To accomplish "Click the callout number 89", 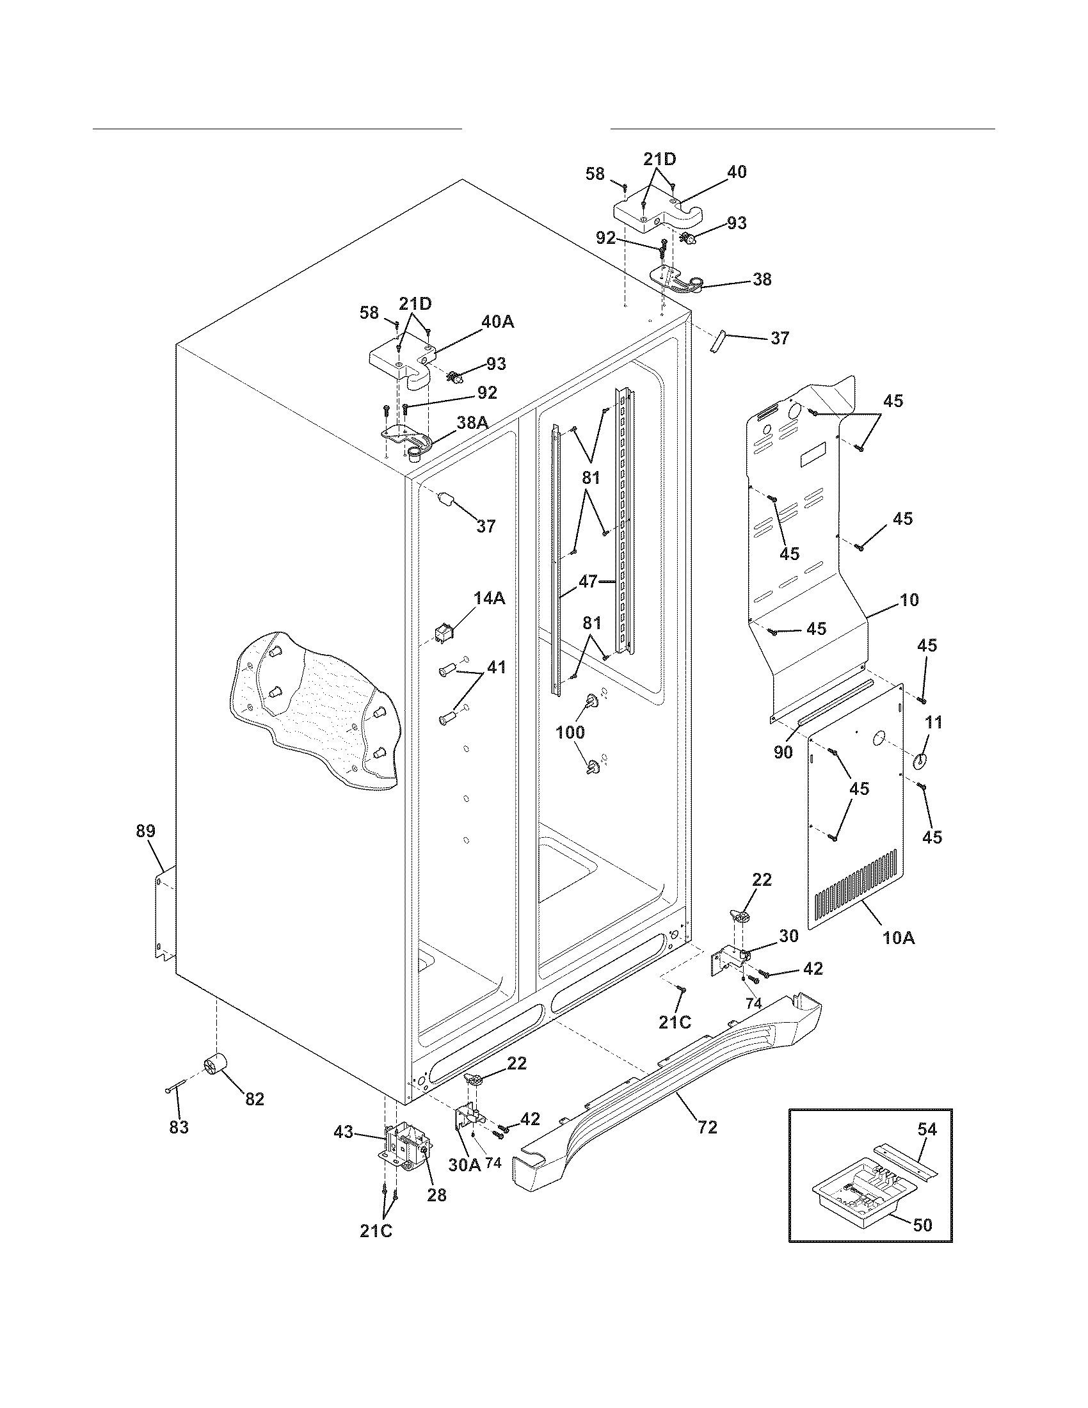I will click(x=146, y=831).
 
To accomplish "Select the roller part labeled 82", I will click(x=216, y=1065).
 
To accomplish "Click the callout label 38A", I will click(x=472, y=422).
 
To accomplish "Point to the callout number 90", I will click(x=783, y=752).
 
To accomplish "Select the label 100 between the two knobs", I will click(x=570, y=732).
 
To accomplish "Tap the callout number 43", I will click(x=344, y=1132).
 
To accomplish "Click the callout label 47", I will click(x=587, y=582).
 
